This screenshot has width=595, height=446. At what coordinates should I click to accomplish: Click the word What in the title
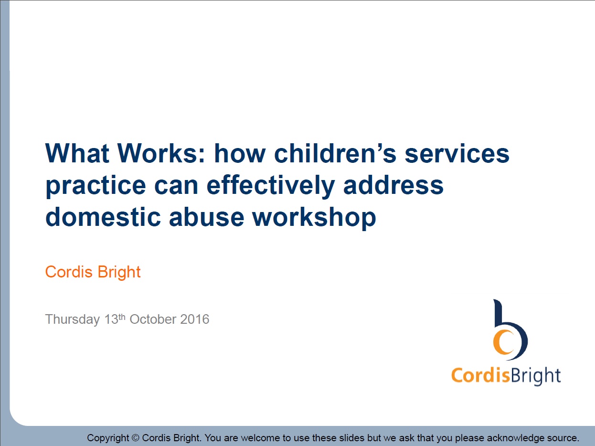(x=78, y=154)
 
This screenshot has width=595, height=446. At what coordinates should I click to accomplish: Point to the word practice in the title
(x=94, y=186)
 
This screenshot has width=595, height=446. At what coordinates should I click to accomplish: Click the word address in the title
(x=394, y=185)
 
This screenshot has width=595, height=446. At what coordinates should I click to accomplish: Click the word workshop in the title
(x=314, y=218)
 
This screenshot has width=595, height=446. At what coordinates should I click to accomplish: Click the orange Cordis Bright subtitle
(x=93, y=272)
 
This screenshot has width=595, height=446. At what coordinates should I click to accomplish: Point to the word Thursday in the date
(x=72, y=319)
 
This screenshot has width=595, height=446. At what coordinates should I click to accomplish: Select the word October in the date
(x=153, y=319)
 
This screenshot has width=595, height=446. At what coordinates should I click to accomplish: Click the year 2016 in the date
(x=195, y=319)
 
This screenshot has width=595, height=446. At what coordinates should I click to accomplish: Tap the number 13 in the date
(x=111, y=319)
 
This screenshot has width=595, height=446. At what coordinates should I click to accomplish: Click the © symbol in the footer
(x=135, y=438)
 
